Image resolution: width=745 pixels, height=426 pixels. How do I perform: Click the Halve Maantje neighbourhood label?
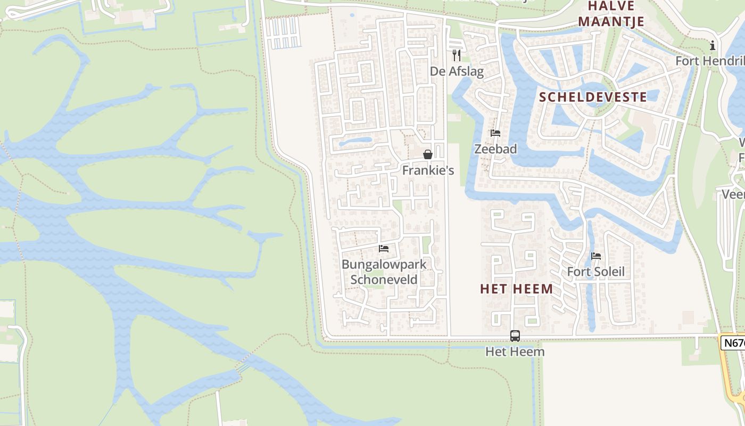[611, 14]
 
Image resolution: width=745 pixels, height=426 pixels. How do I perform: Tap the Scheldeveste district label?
[593, 97]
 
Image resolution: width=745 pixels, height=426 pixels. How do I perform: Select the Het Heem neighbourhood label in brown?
[516, 289]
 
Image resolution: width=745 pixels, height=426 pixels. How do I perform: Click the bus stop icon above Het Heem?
[515, 336]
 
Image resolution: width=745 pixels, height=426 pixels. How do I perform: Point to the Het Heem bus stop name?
[515, 352]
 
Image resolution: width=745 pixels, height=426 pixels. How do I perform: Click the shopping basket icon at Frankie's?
[427, 155]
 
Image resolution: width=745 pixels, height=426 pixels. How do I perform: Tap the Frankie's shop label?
[428, 170]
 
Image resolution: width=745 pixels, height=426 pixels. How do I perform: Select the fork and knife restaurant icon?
[456, 55]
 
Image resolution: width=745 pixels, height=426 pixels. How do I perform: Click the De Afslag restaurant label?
[457, 71]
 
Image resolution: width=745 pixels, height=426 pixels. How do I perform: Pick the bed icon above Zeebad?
[495, 133]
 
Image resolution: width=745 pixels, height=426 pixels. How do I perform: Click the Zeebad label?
[495, 149]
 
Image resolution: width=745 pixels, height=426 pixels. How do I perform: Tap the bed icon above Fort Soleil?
[596, 256]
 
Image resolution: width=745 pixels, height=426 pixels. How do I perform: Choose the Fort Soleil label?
[595, 272]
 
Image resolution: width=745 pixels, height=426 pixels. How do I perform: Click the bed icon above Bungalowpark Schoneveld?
[384, 249]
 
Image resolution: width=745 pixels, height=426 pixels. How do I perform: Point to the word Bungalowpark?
[384, 265]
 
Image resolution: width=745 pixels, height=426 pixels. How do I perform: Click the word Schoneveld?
[384, 280]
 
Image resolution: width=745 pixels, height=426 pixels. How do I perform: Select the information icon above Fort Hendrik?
[713, 46]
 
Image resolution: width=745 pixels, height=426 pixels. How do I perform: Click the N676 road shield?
[733, 342]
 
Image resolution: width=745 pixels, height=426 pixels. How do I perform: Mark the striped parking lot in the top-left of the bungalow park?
[283, 33]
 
